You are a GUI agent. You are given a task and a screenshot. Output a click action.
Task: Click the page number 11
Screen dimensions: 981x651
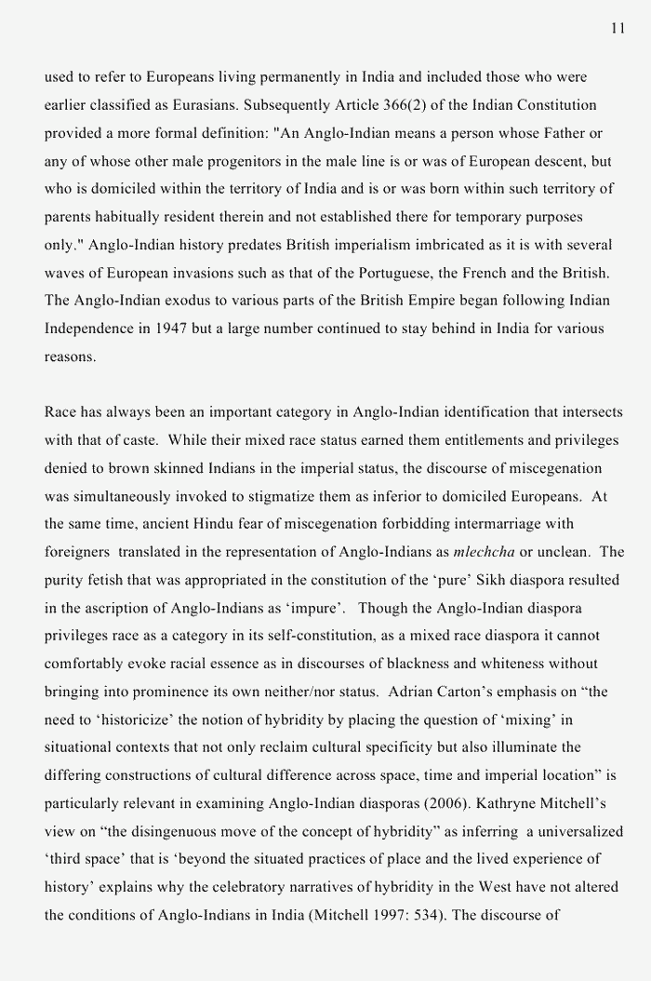pyautogui.click(x=618, y=29)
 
